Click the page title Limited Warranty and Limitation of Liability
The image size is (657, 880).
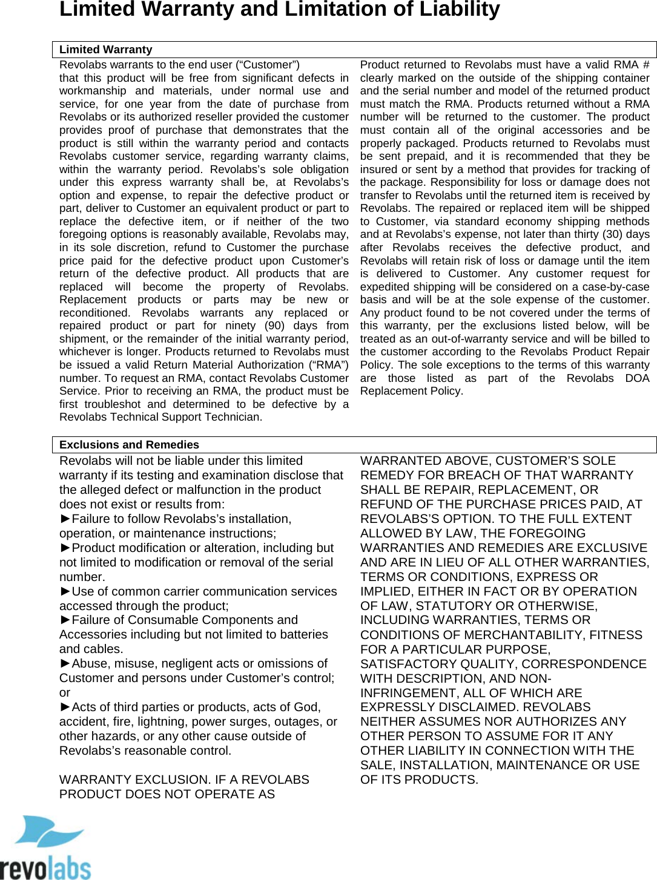point(279,10)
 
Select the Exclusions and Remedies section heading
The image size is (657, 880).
point(129,445)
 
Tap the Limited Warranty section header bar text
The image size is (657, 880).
point(105,50)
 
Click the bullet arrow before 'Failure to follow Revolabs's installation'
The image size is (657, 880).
point(65,519)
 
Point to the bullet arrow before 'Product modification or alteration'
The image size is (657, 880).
point(65,548)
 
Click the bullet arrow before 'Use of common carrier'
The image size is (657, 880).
point(65,592)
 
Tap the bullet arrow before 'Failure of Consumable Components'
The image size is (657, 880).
point(65,620)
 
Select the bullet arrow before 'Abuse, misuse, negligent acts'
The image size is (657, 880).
point(65,664)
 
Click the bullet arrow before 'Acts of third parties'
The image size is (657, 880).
point(65,708)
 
